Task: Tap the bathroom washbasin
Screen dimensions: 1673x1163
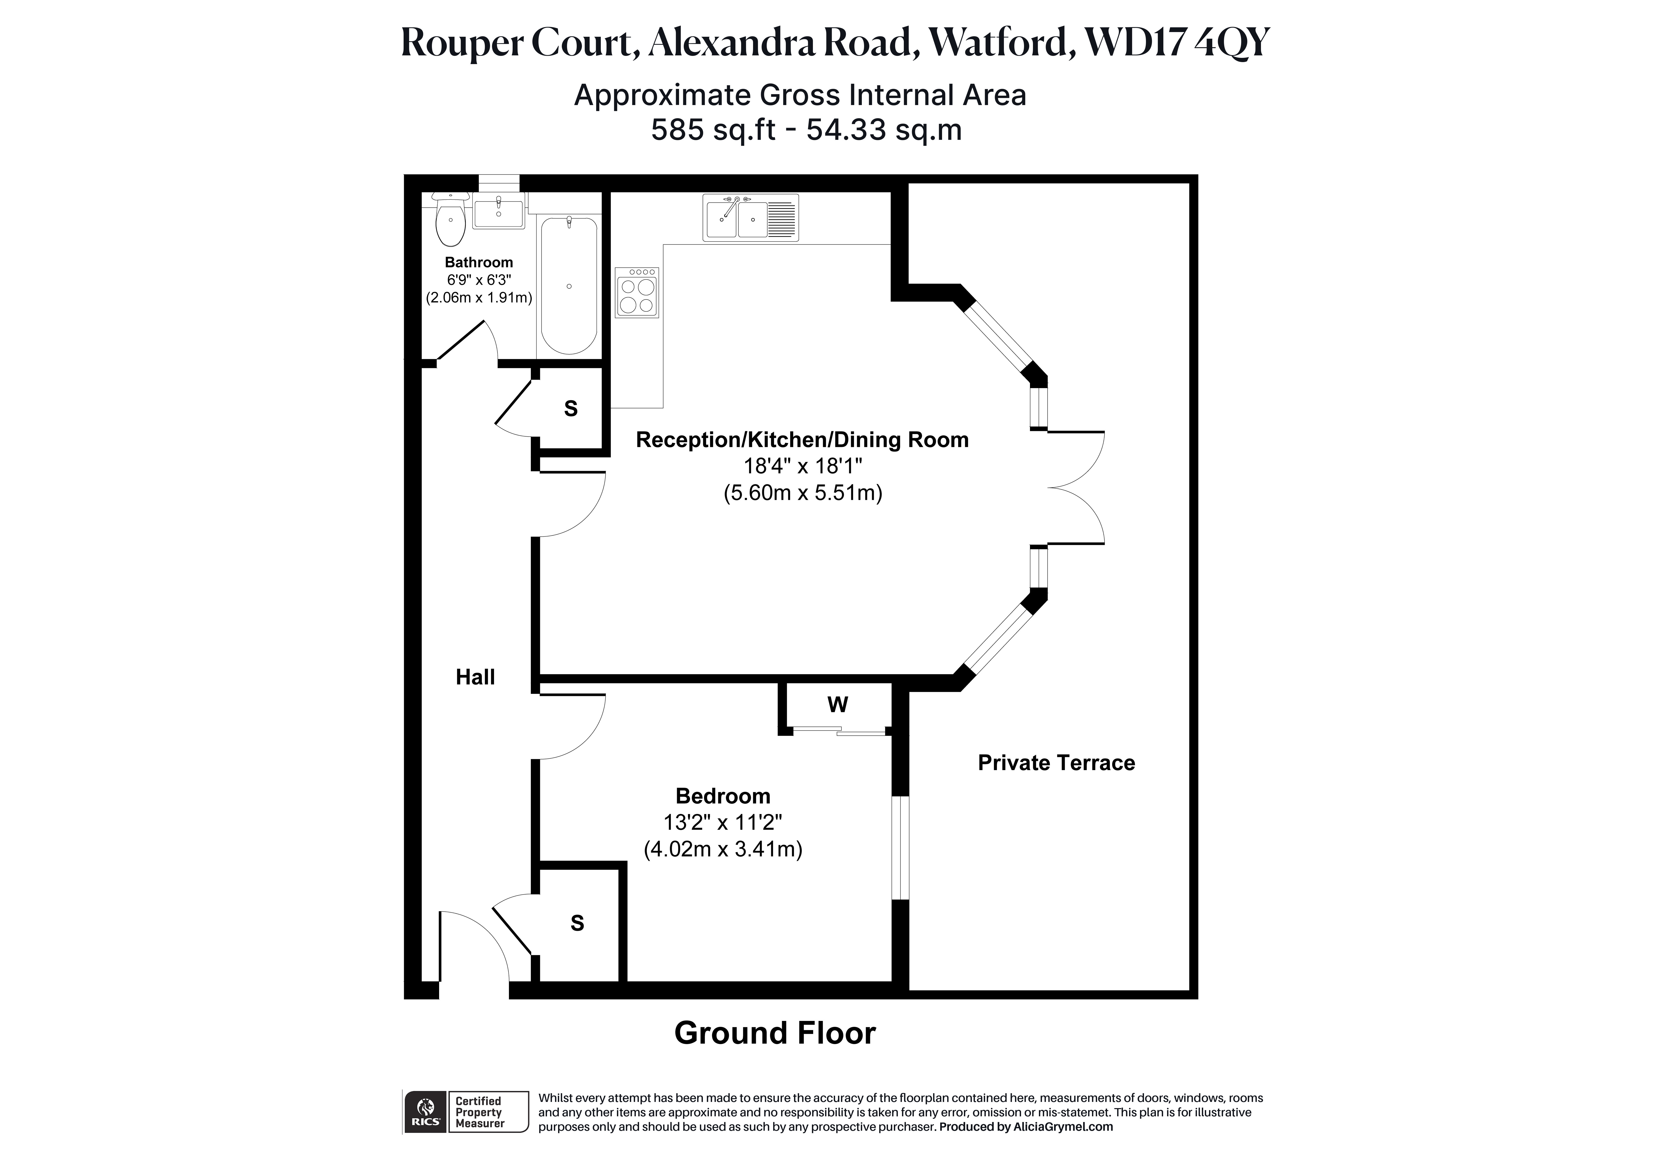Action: (498, 211)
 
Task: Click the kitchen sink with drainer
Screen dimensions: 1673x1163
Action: (751, 217)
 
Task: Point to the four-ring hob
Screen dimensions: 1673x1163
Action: (637, 292)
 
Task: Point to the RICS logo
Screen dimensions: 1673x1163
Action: (425, 1111)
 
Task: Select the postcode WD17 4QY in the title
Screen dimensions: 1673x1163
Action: (1177, 42)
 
